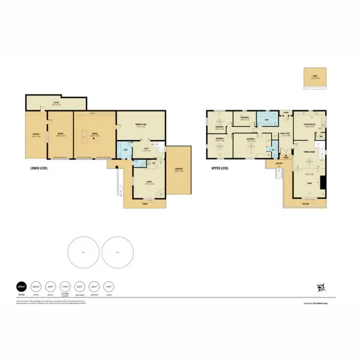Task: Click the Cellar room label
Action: tap(56, 101)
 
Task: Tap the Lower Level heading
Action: tap(38, 168)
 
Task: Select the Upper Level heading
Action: tap(220, 168)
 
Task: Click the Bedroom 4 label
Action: tap(245, 117)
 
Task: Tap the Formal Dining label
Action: tap(309, 152)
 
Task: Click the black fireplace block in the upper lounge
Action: tap(323, 182)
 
